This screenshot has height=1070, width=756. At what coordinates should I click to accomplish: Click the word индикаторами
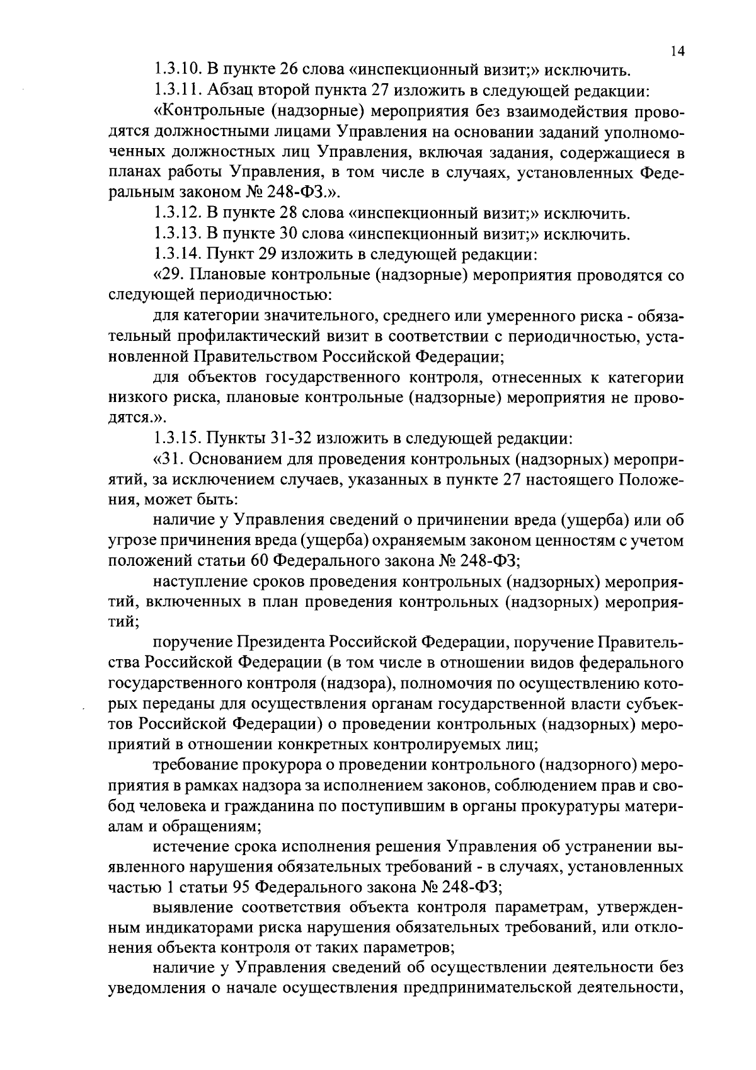point(188,929)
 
